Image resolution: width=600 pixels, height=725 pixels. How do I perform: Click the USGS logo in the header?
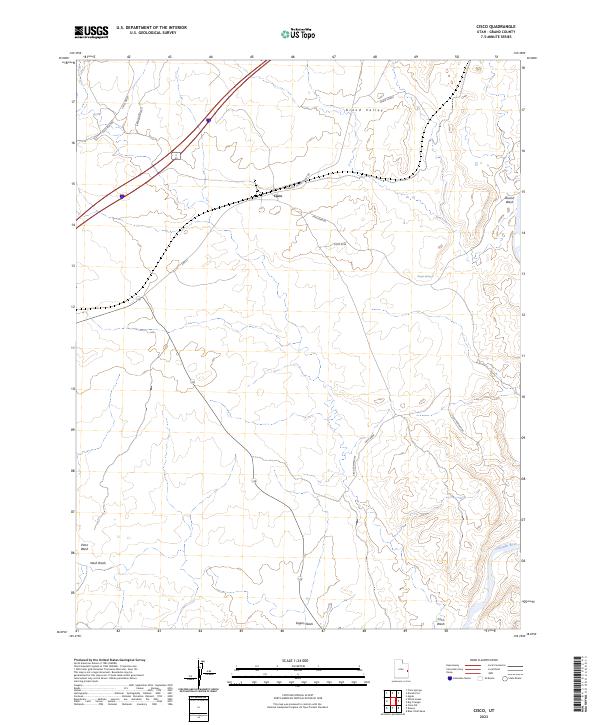(x=92, y=32)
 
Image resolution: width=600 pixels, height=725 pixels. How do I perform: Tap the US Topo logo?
(x=299, y=33)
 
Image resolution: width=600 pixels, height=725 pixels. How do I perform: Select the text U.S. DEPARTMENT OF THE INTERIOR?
(x=152, y=28)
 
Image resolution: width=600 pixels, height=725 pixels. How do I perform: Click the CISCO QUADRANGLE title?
(x=499, y=28)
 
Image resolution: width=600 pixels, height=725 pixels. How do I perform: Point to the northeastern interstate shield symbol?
(x=208, y=121)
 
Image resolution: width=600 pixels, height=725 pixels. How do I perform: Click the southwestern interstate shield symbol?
(x=122, y=196)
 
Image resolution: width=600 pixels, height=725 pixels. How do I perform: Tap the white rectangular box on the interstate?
(x=174, y=156)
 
